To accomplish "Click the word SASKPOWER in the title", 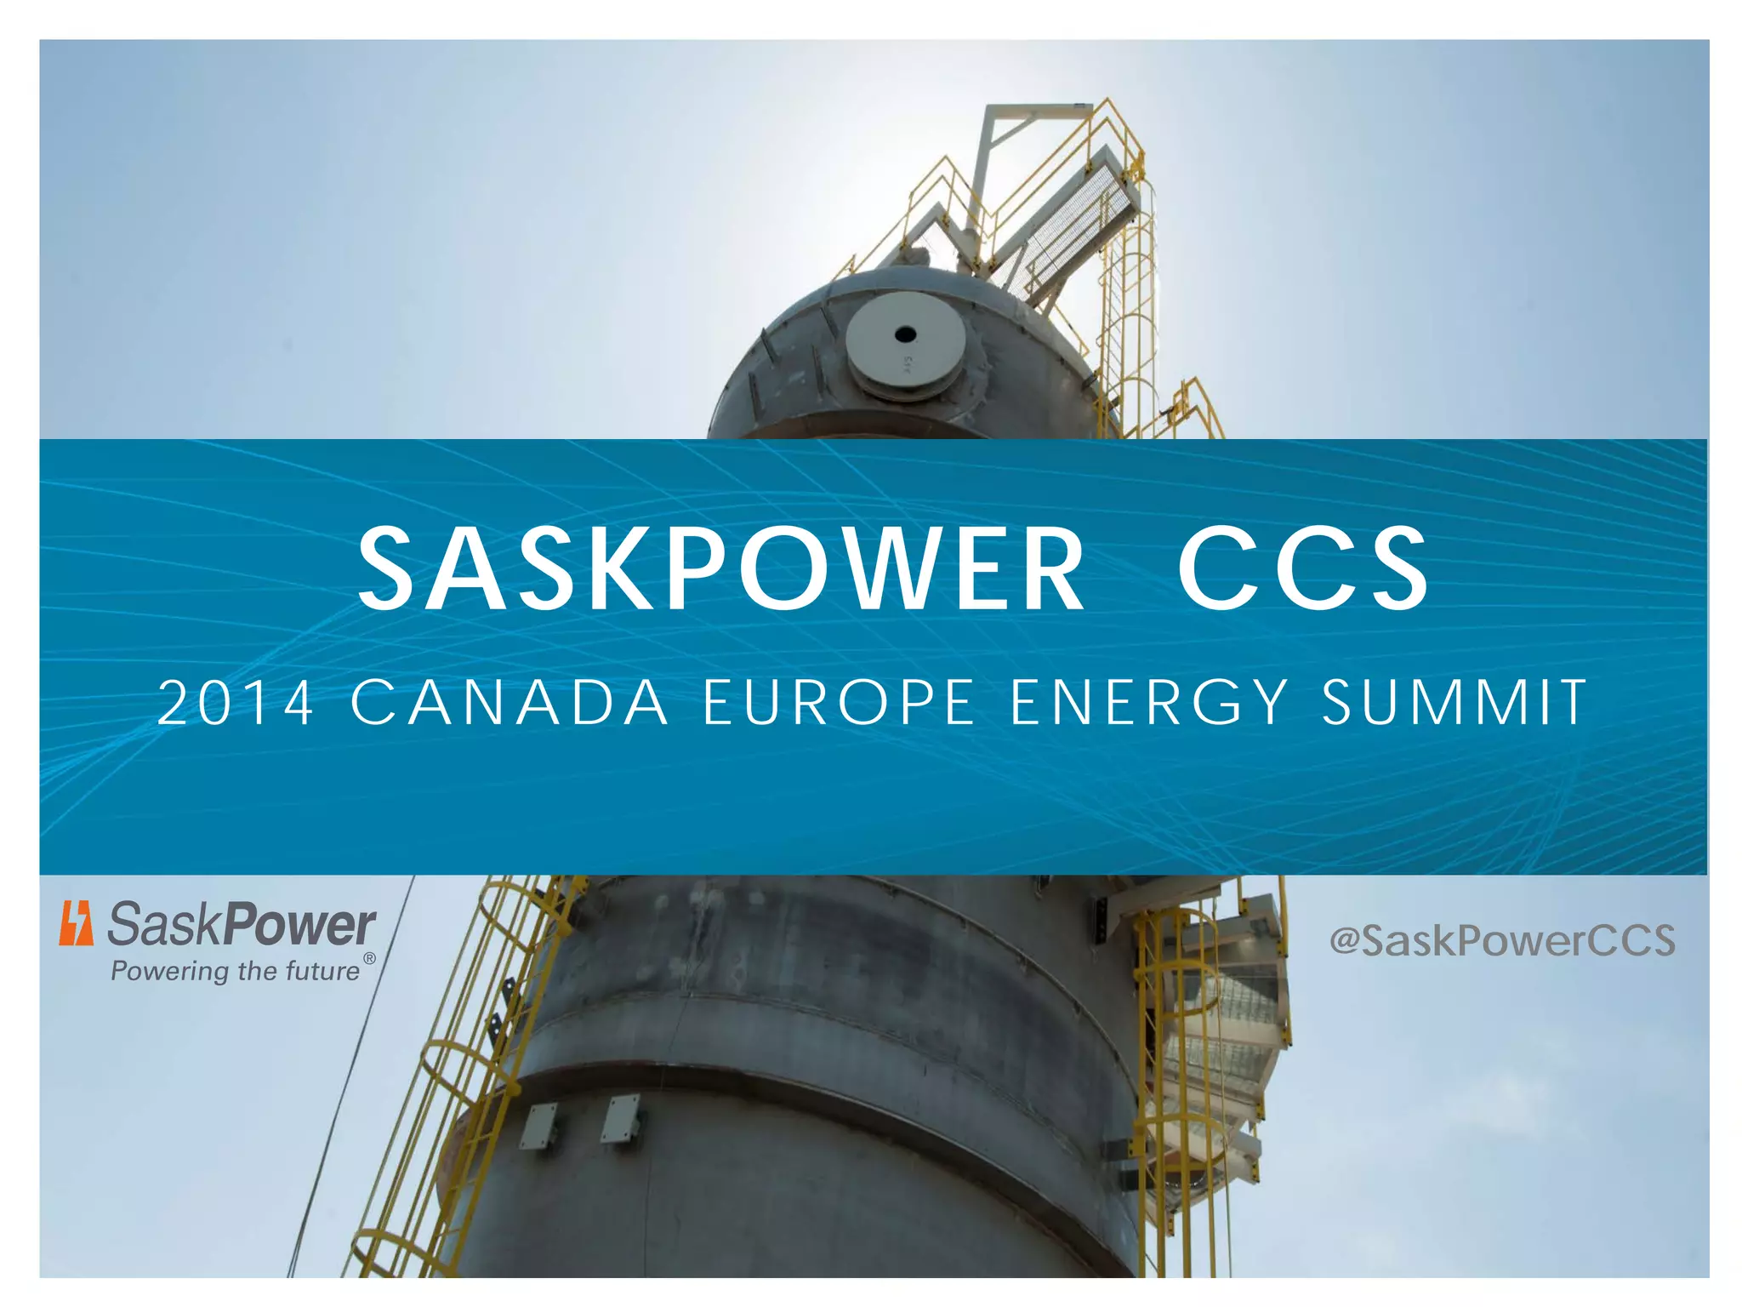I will click(x=720, y=568).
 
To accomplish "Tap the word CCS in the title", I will click(x=1303, y=568).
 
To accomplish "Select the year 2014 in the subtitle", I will click(x=236, y=703).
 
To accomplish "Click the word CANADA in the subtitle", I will click(x=510, y=703).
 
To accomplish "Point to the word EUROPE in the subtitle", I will click(x=840, y=703).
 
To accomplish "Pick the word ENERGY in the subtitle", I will click(x=1150, y=703).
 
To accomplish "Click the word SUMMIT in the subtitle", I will click(x=1454, y=703).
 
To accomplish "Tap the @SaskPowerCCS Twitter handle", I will click(x=1502, y=940).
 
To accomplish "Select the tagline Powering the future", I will click(x=236, y=971).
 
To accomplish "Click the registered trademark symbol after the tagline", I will click(x=369, y=959).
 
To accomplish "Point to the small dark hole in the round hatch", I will click(x=905, y=334).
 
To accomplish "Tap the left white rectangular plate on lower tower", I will click(x=539, y=1125).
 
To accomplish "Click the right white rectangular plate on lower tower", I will click(x=621, y=1118).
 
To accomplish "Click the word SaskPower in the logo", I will click(x=242, y=925).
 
